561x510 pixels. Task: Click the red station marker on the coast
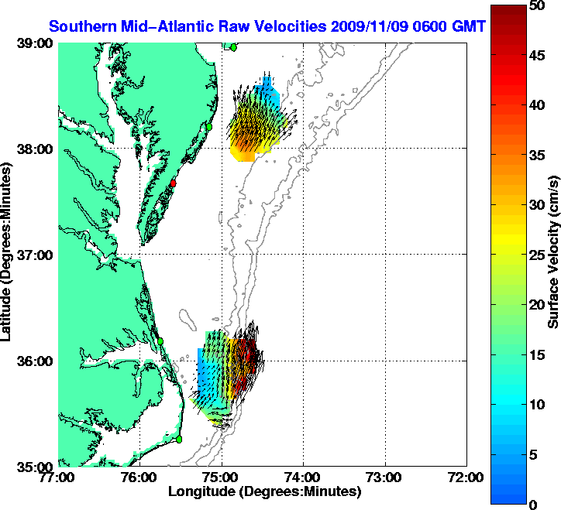pyautogui.click(x=174, y=183)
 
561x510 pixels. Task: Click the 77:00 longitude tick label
pyautogui.click(x=59, y=477)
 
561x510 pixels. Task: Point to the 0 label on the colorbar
pyautogui.click(x=533, y=505)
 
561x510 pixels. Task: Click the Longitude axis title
pyautogui.click(x=263, y=491)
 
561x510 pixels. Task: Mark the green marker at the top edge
pyautogui.click(x=233, y=47)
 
